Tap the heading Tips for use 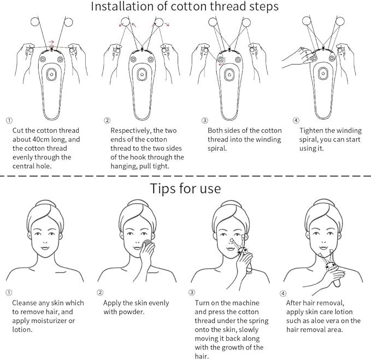click(185, 188)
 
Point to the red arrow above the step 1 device click(50, 41)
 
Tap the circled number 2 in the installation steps click(107, 120)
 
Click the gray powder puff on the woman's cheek click(146, 243)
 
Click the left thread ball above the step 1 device click(36, 22)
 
